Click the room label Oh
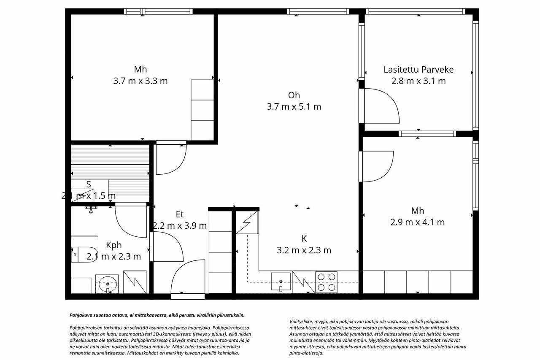(294, 95)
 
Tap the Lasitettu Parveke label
(418, 70)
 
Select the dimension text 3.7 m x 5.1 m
(294, 107)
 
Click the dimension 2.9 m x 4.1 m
(418, 222)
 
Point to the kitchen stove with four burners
(326, 282)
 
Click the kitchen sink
(281, 282)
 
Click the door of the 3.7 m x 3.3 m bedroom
(170, 159)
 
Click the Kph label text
(114, 245)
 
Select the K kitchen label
(304, 239)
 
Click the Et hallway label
(180, 214)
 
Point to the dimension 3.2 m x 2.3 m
(304, 250)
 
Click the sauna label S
(89, 184)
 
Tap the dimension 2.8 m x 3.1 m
(418, 81)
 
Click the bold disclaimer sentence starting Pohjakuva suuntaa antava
(157, 315)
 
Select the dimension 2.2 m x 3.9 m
(180, 226)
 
